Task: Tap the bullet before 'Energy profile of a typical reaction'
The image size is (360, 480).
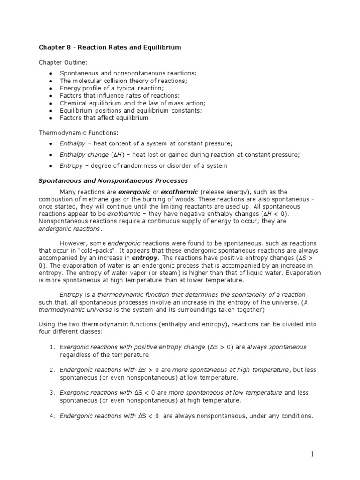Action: pos(50,88)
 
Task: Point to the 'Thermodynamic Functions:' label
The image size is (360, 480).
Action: pos(74,133)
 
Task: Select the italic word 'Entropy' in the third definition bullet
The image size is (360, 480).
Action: pos(71,165)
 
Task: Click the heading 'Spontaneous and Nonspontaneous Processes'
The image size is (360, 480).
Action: pos(112,180)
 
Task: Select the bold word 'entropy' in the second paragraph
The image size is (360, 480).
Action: pos(145,258)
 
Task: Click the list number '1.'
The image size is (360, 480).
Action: pos(52,347)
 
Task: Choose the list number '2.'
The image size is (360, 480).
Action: pos(52,370)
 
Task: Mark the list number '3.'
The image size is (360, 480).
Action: pos(52,392)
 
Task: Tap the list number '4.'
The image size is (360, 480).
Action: pos(52,415)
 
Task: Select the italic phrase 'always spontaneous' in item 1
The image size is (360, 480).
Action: pos(277,347)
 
